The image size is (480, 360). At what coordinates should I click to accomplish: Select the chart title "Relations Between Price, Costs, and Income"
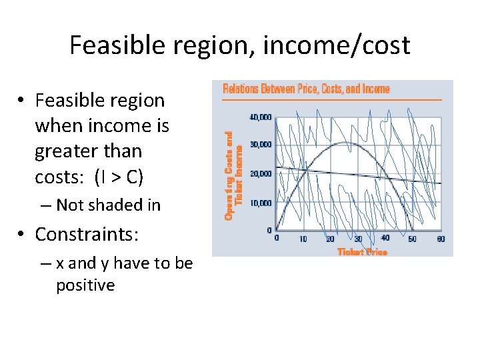coord(306,89)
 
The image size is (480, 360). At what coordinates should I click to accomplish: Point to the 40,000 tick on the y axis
coord(261,117)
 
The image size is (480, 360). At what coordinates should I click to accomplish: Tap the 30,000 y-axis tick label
coord(261,145)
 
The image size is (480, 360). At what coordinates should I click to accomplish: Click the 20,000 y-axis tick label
coord(261,173)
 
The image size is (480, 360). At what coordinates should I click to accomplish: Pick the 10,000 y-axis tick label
coord(261,202)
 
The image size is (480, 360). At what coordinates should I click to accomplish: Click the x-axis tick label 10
coord(303,239)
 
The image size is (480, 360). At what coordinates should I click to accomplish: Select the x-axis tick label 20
coord(331,239)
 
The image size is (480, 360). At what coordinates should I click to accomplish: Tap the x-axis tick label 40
coord(385,239)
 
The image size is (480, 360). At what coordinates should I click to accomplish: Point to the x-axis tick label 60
coord(440,239)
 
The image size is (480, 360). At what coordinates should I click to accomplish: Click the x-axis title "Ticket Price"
coord(362,251)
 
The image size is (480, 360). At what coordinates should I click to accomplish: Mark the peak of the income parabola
coord(343,142)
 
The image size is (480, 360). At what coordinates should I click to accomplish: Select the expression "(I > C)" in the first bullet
coord(119,177)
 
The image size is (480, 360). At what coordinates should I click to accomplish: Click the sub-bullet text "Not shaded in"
coord(108,205)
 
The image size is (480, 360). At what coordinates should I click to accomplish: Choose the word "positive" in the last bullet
coord(85,286)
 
